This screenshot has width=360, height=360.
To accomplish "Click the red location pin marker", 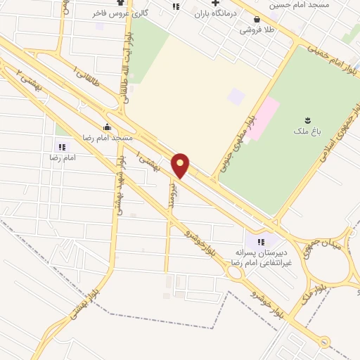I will [x=181, y=165].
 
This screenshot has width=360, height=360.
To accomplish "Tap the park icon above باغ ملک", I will [x=306, y=120].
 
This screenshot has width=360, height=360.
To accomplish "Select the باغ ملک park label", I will [x=306, y=131].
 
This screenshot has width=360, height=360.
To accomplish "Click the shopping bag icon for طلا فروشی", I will [x=256, y=19].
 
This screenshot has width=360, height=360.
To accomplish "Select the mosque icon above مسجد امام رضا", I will [x=107, y=127].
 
